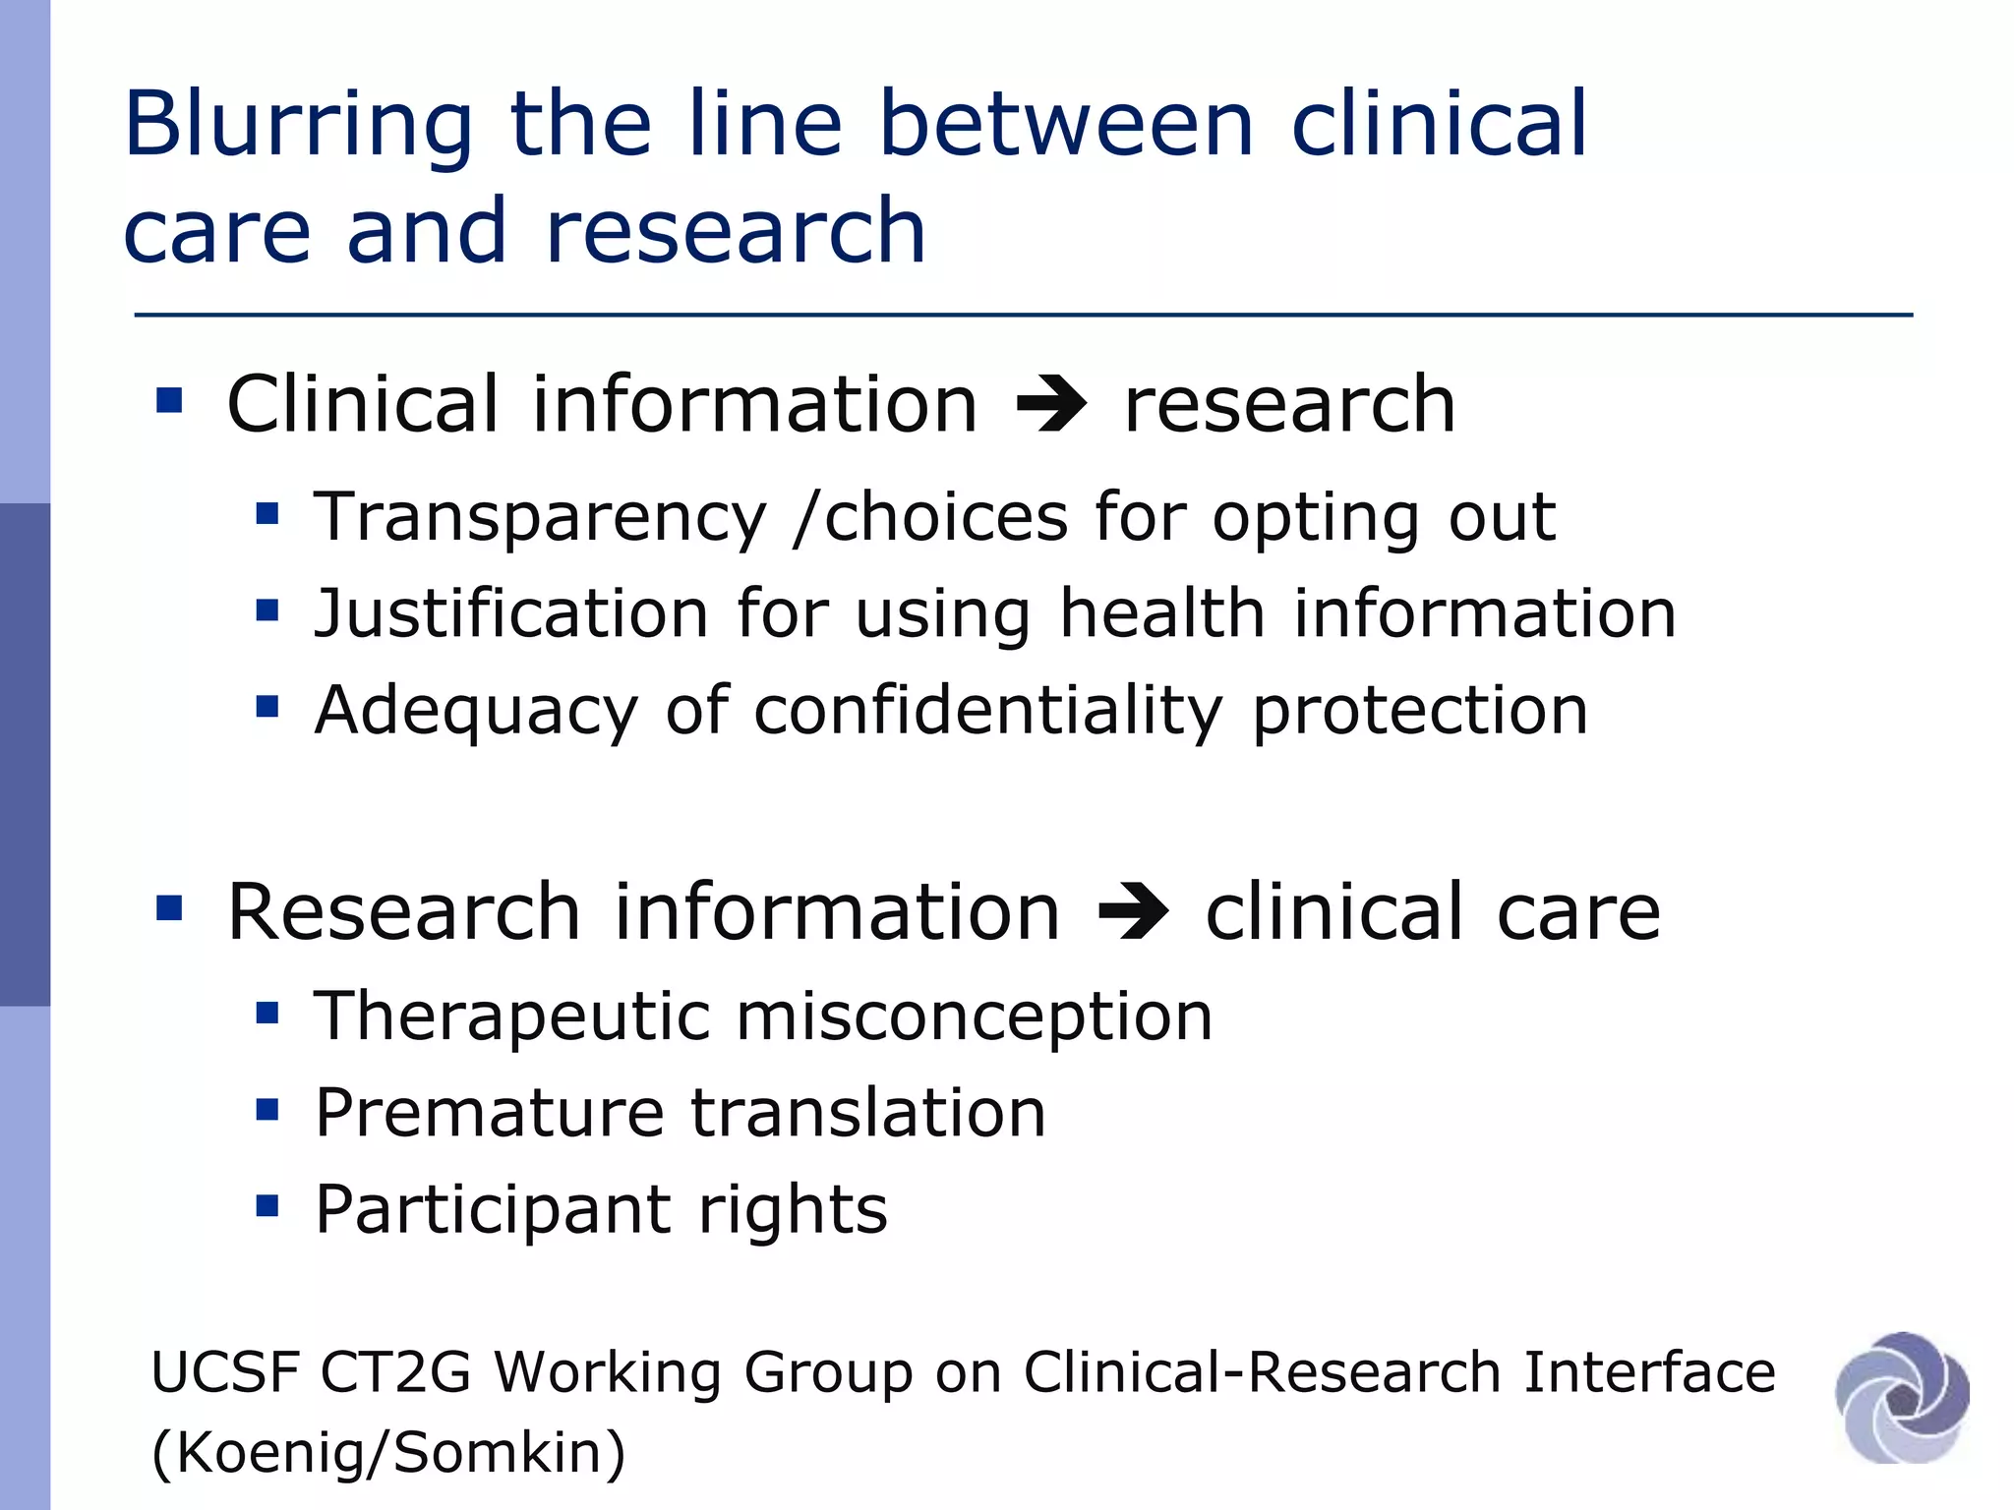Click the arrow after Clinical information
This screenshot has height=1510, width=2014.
[x=1051, y=405]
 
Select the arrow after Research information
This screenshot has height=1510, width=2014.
[x=1133, y=912]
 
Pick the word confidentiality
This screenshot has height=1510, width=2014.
[x=988, y=710]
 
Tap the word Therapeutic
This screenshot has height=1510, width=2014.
[x=511, y=1016]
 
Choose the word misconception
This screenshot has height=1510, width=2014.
[x=975, y=1016]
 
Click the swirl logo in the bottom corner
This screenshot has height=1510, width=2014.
[x=1902, y=1397]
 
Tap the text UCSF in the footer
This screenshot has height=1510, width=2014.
[x=225, y=1372]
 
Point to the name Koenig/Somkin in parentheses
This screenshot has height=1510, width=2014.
[x=389, y=1453]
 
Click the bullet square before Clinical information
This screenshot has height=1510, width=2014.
[x=169, y=400]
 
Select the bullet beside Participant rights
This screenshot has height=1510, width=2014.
[x=267, y=1205]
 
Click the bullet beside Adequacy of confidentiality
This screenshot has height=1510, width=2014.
[x=267, y=706]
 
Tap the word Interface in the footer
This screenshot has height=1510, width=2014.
[x=1649, y=1372]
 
